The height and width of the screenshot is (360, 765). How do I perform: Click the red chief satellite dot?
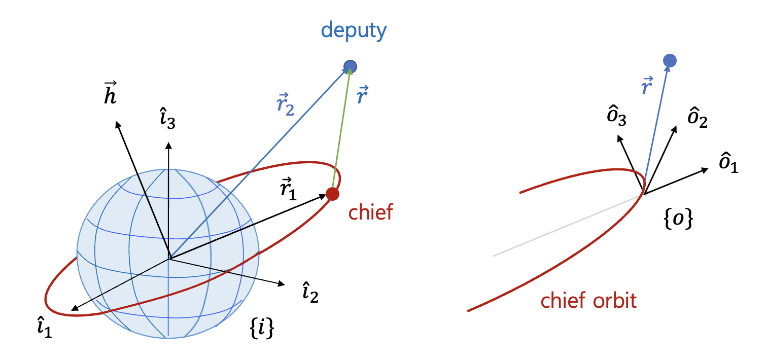(x=332, y=194)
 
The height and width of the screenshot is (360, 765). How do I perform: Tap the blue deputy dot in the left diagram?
(x=350, y=66)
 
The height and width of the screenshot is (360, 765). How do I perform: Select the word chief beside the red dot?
(x=370, y=212)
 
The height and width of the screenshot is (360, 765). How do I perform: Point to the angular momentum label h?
(x=110, y=93)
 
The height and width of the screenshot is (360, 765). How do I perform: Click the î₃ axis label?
(x=167, y=121)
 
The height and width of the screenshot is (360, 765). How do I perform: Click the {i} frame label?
(x=263, y=329)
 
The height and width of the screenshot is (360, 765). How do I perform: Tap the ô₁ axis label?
(x=728, y=163)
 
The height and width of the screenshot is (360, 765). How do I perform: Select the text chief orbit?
(x=588, y=301)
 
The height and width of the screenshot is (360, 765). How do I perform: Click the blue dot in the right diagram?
(x=670, y=61)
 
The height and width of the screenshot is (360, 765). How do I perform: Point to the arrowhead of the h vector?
(x=118, y=124)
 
